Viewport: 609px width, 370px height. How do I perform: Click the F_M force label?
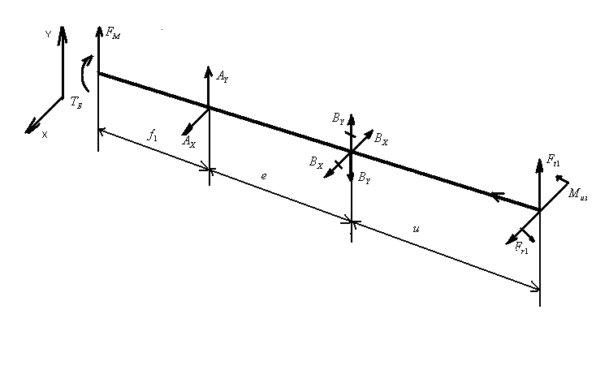pos(113,33)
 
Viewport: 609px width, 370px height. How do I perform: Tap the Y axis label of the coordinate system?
pos(49,34)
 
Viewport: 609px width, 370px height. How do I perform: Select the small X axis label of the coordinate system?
pos(44,135)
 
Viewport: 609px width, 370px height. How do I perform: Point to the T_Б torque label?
pos(76,102)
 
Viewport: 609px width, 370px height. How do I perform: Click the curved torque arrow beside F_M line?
pos(86,71)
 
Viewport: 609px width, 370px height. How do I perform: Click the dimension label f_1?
pos(152,136)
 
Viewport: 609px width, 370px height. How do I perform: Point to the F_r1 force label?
pos(521,249)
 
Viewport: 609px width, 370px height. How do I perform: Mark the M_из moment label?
pos(578,193)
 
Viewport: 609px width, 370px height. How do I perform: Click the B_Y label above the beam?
pos(338,119)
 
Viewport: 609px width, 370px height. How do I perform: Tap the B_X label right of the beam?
pos(381,140)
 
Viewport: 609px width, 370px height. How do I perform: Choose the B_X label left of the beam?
pos(316,162)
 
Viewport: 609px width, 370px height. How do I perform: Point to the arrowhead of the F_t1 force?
pos(540,159)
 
